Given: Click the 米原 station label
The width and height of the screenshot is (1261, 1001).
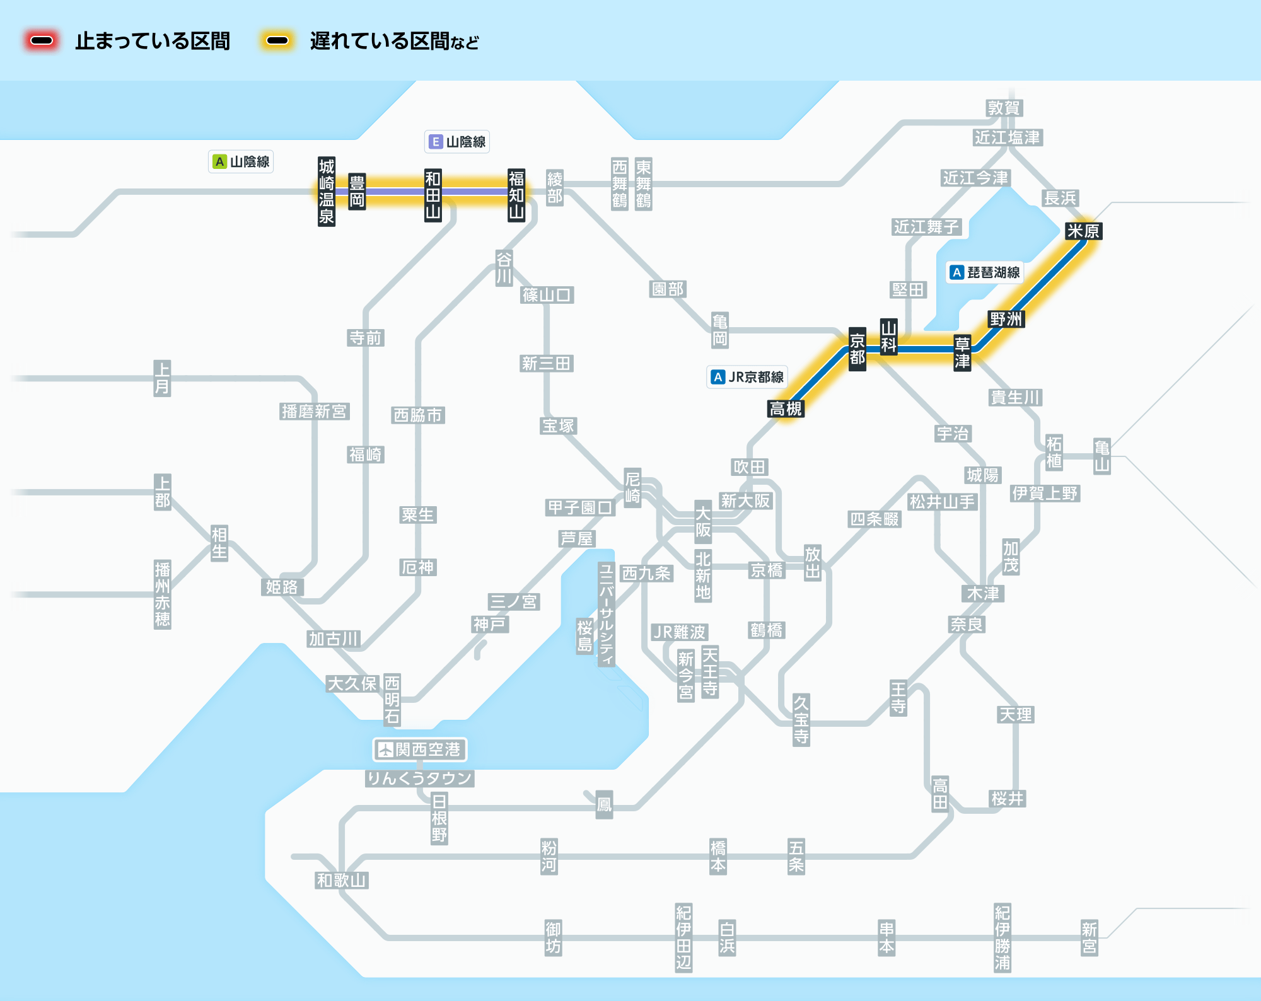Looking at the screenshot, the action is [1083, 231].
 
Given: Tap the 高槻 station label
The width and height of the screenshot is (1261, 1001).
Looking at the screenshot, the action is [786, 409].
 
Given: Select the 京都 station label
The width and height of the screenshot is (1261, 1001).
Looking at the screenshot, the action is [857, 349].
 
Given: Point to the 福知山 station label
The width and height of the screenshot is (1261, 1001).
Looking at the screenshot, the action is [516, 195].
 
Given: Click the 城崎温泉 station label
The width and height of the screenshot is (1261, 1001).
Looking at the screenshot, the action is [326, 192].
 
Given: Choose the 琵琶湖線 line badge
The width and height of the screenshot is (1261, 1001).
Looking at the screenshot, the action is [985, 272].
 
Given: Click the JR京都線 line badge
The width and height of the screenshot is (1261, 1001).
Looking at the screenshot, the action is [747, 377].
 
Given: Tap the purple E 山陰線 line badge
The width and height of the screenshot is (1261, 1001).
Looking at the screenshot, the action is [457, 142].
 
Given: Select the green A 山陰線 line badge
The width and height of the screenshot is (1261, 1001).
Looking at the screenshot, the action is [241, 162].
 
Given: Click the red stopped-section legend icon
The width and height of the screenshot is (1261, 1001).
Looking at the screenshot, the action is [42, 41].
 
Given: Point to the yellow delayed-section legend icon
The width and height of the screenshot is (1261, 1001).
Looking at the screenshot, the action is [277, 41].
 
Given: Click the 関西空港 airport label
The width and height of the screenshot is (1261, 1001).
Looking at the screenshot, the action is [420, 749].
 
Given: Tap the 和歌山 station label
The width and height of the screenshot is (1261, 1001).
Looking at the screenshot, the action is [342, 881].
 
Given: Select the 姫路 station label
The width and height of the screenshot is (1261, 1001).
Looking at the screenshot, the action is [282, 587].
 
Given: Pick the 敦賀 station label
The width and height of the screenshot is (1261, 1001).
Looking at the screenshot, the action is [1004, 108].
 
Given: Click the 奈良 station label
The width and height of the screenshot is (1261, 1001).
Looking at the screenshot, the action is [967, 625].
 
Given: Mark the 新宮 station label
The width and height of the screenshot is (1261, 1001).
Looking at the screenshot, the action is [1090, 938].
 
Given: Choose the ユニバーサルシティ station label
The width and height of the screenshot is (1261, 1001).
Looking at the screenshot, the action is [606, 615].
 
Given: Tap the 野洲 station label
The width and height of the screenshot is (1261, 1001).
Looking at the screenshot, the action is [1006, 319].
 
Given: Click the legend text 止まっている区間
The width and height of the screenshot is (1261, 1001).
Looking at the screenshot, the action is [153, 42].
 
